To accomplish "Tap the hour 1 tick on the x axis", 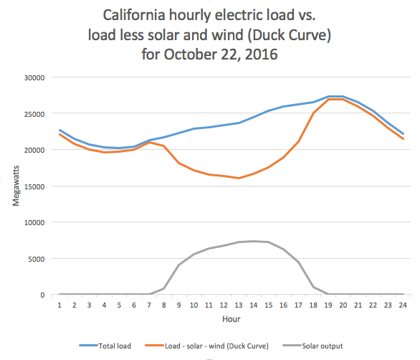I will coord(59,304).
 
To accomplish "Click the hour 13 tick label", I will coord(239,304).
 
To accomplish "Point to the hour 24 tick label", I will coord(404,304).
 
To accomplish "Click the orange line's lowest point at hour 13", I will coord(239,178).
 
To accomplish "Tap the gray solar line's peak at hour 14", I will coord(254,241).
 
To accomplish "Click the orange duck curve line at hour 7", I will coord(149,142).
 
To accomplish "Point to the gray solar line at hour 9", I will coord(179,265).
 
